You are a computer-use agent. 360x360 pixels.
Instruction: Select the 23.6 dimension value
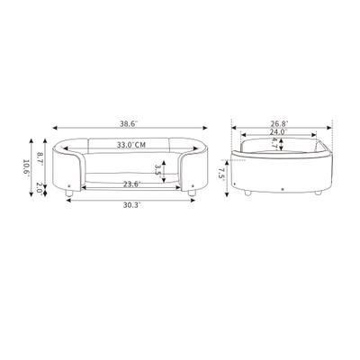tap(131, 184)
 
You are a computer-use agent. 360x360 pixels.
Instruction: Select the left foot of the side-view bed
tap(245, 192)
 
